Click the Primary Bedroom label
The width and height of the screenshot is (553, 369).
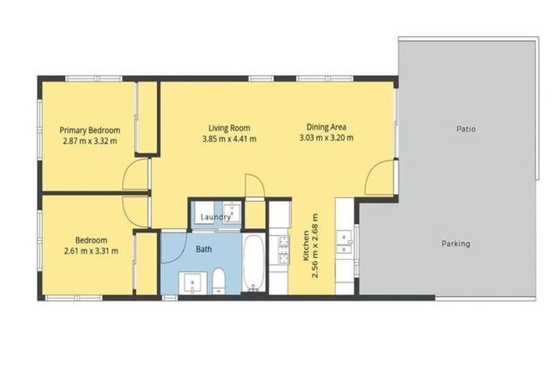tap(90, 130)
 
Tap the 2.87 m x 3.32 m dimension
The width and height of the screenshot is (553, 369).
tap(90, 141)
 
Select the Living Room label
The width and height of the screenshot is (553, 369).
tap(229, 128)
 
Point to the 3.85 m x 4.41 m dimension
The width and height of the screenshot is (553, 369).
tap(229, 139)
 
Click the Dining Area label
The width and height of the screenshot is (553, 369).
tap(326, 127)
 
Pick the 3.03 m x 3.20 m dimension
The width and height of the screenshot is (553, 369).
tap(326, 138)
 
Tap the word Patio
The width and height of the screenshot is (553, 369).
tap(467, 129)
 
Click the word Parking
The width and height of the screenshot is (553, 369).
tap(456, 244)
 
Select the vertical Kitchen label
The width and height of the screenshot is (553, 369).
tap(306, 246)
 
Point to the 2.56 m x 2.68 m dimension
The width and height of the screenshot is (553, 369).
tap(315, 246)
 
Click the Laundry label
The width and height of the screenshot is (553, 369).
tap(215, 217)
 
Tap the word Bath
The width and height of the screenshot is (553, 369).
tap(204, 249)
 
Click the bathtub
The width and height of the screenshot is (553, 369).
tap(253, 263)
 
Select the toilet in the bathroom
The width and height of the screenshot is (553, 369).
tap(219, 281)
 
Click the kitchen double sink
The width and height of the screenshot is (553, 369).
tap(344, 242)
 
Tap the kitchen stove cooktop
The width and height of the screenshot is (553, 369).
tap(283, 250)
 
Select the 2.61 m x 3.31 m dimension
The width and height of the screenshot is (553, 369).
tap(91, 251)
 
